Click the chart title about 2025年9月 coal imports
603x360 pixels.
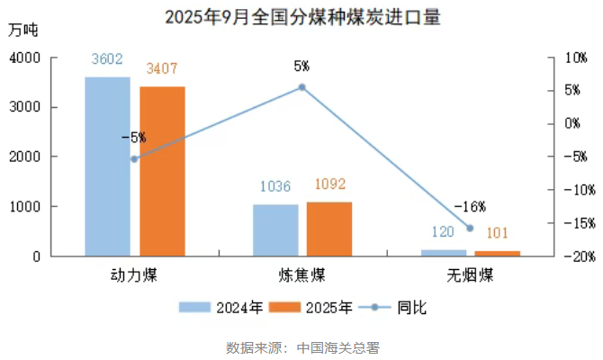point(302,17)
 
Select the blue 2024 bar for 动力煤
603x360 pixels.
point(107,166)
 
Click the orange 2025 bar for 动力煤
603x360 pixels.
point(162,171)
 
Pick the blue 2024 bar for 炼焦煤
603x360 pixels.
point(274,230)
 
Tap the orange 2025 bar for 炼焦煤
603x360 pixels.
point(329,229)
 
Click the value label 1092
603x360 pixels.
point(329,184)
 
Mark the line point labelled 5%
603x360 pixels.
point(301,87)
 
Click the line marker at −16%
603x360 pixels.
point(469,228)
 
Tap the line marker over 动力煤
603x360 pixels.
point(134,158)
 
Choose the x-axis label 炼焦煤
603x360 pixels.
point(301,274)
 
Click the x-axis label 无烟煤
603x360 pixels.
point(469,274)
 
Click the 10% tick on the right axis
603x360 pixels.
point(574,58)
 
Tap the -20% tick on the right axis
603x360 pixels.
point(572,256)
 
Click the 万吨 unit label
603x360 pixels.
point(22,29)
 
